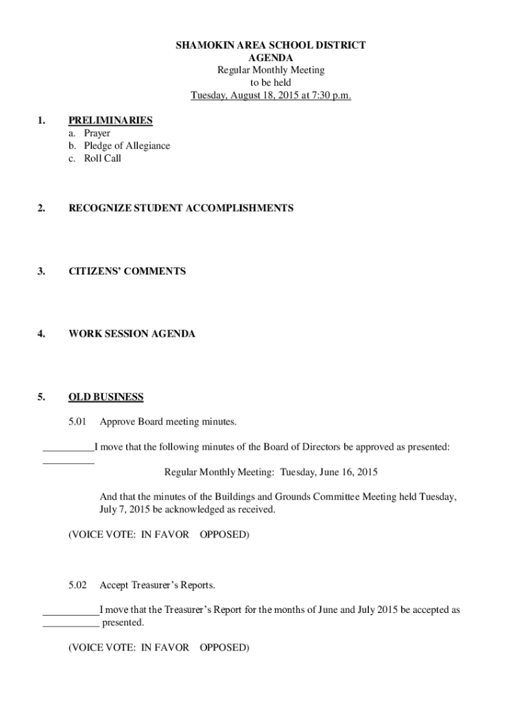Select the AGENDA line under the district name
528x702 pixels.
point(270,58)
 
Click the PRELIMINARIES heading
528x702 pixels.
point(110,121)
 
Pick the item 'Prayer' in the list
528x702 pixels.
point(97,133)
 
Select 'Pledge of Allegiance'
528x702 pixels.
point(127,145)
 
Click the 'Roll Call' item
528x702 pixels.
point(102,158)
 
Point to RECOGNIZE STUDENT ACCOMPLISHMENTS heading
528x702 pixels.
point(181,208)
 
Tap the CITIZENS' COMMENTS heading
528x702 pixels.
point(127,271)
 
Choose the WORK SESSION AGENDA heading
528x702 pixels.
point(132,334)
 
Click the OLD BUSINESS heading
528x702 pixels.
point(106,397)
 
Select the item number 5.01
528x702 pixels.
point(77,422)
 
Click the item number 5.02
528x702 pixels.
point(77,585)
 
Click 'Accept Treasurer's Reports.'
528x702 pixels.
point(158,585)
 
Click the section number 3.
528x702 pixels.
point(42,271)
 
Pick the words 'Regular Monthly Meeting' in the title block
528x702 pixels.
point(270,70)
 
